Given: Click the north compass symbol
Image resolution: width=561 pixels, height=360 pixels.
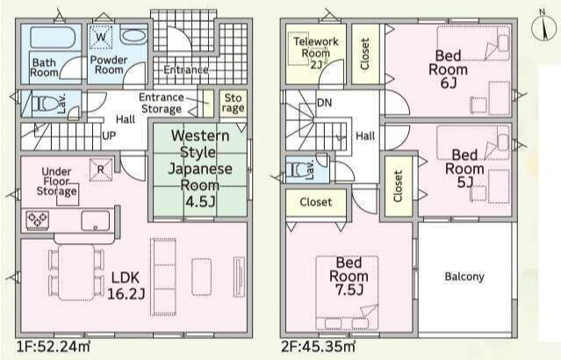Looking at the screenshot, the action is click(543, 27).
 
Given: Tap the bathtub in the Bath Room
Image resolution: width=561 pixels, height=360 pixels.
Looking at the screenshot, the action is click(53, 37).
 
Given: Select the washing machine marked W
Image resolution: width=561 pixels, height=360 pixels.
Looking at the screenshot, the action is click(101, 37).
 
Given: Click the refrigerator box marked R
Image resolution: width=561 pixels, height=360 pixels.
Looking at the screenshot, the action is click(101, 169).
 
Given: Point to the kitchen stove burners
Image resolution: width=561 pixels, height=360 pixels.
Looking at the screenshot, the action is click(38, 220).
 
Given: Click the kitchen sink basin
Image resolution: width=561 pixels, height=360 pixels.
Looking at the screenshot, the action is click(95, 220).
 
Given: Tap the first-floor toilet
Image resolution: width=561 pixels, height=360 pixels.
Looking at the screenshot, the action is click(46, 104).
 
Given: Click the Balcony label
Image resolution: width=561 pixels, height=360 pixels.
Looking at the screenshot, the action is click(464, 277).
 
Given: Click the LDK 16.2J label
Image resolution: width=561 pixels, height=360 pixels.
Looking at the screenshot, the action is click(126, 285).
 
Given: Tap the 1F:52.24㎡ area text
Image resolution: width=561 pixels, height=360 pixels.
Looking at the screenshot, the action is click(54, 347).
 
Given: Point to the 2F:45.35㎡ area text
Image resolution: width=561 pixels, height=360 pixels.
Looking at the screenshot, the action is click(318, 347).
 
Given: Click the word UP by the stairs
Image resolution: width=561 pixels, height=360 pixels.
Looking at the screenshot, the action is click(109, 136).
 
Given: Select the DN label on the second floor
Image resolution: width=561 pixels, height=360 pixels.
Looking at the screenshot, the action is click(325, 103).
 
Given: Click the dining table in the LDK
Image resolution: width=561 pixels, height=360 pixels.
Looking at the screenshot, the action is click(76, 272).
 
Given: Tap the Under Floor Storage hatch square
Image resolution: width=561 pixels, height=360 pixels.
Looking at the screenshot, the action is click(68, 195).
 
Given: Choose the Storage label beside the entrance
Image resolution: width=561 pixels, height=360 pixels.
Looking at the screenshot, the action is click(234, 103).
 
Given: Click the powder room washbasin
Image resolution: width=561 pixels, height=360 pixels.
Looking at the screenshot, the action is click(133, 36).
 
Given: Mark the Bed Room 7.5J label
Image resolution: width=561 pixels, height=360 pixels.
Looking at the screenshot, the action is click(349, 277).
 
